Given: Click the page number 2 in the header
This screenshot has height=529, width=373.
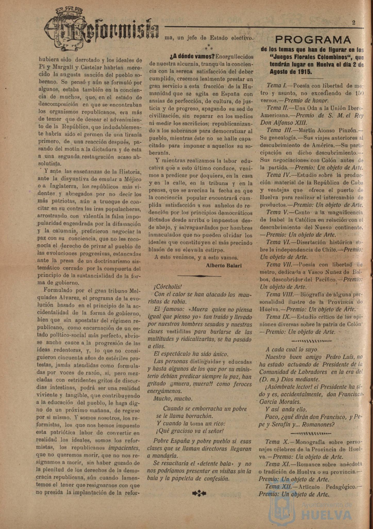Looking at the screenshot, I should pos(354,22).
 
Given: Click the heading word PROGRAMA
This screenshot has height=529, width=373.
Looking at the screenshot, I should pos(313,40).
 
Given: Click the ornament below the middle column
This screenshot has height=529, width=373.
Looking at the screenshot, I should pos(199,493).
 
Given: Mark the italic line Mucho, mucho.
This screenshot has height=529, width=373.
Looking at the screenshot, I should pos(173,398).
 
